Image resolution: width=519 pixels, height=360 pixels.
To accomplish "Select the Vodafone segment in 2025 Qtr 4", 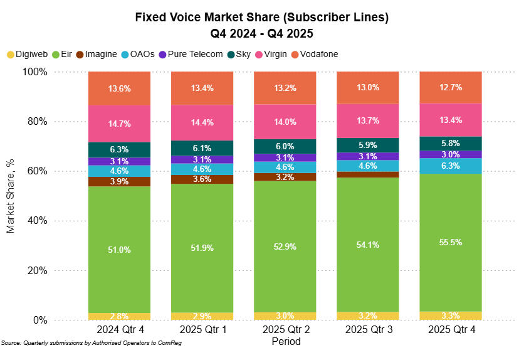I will click(x=450, y=87).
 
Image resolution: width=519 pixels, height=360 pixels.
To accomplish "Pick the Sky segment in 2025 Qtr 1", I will click(x=202, y=148).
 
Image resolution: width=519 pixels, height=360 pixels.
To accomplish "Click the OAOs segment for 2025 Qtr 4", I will click(x=450, y=166).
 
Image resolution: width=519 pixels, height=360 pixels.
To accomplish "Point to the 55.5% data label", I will click(x=450, y=242).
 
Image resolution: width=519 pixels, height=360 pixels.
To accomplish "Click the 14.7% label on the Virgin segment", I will click(x=119, y=124).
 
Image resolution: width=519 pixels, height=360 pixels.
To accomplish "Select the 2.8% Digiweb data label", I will click(x=119, y=316).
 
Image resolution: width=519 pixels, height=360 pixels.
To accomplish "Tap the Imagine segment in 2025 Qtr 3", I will click(x=368, y=174).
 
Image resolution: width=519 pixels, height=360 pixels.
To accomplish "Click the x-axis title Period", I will click(x=286, y=342).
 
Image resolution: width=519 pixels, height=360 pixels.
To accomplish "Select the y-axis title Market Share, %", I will click(x=11, y=196).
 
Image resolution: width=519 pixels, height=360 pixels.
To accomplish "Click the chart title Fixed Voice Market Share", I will click(x=262, y=18).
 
